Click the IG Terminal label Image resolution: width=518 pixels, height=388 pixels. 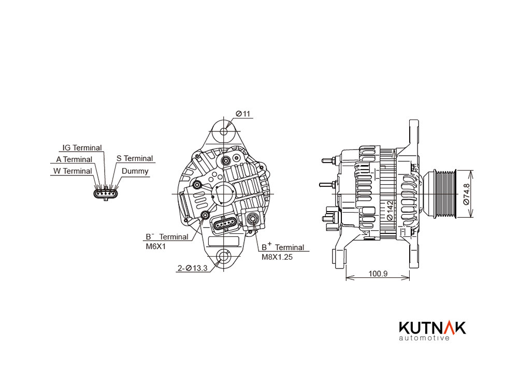[82, 148]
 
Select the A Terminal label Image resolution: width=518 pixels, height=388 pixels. [74, 159]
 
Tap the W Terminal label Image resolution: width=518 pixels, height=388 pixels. [73, 171]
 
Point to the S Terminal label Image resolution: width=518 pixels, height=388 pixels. [135, 158]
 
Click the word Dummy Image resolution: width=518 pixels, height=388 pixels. [135, 171]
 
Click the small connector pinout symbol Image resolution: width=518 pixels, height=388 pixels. [106, 193]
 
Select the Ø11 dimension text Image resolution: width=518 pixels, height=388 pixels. [243, 114]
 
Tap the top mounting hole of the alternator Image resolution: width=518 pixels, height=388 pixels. [224, 131]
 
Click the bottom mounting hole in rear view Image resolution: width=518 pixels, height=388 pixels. [224, 257]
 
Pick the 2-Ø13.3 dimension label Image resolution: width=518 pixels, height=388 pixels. [193, 268]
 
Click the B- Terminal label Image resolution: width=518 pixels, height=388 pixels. [167, 236]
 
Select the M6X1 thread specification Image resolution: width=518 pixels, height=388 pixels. [156, 246]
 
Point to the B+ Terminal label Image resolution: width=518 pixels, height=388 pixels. [283, 247]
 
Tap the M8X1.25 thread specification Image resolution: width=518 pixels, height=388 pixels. [277, 257]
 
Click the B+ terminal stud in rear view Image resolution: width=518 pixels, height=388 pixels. [253, 218]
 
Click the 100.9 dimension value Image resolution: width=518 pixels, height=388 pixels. [378, 274]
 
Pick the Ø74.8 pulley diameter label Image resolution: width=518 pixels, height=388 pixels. [466, 194]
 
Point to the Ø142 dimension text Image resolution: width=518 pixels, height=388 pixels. [390, 211]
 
